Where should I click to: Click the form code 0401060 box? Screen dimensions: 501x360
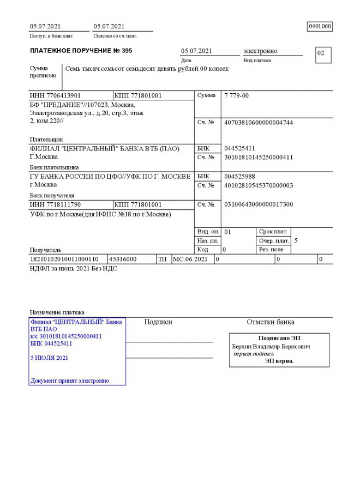coord(320,26)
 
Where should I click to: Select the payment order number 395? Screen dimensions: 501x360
coord(127,51)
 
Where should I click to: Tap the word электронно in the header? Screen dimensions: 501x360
coord(260,51)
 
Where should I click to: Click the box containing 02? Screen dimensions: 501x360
coord(323,54)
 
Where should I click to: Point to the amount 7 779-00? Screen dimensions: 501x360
coord(236,95)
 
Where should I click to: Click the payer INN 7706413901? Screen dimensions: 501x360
coord(55,95)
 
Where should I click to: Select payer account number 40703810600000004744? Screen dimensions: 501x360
coord(259,123)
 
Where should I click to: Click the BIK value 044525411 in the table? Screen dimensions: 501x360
coord(239,148)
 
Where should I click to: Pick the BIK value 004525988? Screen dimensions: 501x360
coord(239,177)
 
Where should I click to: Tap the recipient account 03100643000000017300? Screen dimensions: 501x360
coord(259,204)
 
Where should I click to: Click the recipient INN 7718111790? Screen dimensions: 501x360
coord(55,204)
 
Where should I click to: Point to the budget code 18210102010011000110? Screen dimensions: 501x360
coord(64,259)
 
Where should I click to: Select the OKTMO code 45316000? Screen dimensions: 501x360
coord(123,259)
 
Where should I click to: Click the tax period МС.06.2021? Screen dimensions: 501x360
coord(190,259)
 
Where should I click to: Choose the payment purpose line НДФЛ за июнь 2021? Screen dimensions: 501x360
coord(73,268)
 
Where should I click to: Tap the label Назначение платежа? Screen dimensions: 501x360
coord(57,312)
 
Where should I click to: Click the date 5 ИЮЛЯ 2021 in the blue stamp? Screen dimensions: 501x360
coord(50,358)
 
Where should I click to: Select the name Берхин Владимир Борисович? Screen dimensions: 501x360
coord(271,346)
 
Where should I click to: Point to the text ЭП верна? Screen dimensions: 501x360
coord(279,360)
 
